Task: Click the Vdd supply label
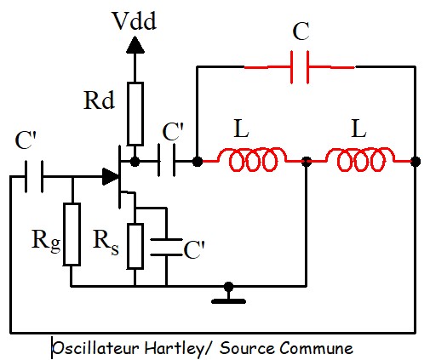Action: point(135,20)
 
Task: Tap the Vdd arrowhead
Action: point(135,45)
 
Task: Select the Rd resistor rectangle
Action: point(135,114)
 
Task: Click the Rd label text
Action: point(99,100)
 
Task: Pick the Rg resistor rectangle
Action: point(72,234)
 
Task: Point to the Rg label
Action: point(46,241)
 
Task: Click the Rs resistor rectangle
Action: point(135,246)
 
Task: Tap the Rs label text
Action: point(106,242)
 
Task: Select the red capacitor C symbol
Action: point(300,67)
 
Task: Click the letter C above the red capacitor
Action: point(301,31)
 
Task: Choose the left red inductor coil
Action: point(252,160)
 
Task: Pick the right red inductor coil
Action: point(360,160)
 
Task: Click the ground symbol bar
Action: point(228,301)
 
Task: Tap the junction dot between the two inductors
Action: point(306,162)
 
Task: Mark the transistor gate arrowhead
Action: point(110,176)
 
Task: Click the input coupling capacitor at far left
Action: point(34,176)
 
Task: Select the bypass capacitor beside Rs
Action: point(166,247)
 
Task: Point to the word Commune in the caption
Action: point(317,348)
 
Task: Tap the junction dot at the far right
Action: point(416,162)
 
